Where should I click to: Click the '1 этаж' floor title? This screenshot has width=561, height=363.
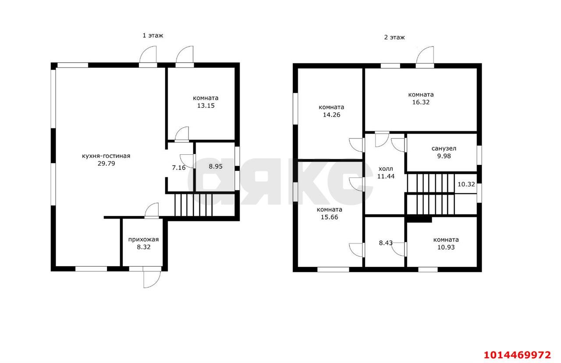click(x=153, y=36)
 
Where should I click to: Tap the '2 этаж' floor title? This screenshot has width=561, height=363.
click(x=394, y=37)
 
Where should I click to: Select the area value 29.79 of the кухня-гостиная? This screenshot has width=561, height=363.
click(x=107, y=164)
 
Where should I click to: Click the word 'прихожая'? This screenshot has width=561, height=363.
click(x=143, y=239)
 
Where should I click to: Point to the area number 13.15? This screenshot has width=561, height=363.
click(x=206, y=106)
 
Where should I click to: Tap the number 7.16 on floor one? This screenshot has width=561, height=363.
click(x=179, y=167)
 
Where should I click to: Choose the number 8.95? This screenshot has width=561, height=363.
click(x=216, y=166)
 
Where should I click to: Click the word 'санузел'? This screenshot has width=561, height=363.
click(x=444, y=148)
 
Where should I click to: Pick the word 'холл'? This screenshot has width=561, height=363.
click(x=386, y=169)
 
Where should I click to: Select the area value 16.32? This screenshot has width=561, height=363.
click(x=421, y=102)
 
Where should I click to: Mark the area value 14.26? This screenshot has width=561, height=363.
click(x=332, y=115)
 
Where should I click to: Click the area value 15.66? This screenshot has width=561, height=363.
click(x=330, y=217)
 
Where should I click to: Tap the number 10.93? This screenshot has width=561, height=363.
click(x=446, y=247)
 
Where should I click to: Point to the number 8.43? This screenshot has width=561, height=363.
click(x=386, y=243)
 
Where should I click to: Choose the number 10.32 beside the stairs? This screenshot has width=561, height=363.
click(x=466, y=185)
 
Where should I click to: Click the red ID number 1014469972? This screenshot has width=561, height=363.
click(x=518, y=355)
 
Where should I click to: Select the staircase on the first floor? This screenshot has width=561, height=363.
click(x=193, y=205)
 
